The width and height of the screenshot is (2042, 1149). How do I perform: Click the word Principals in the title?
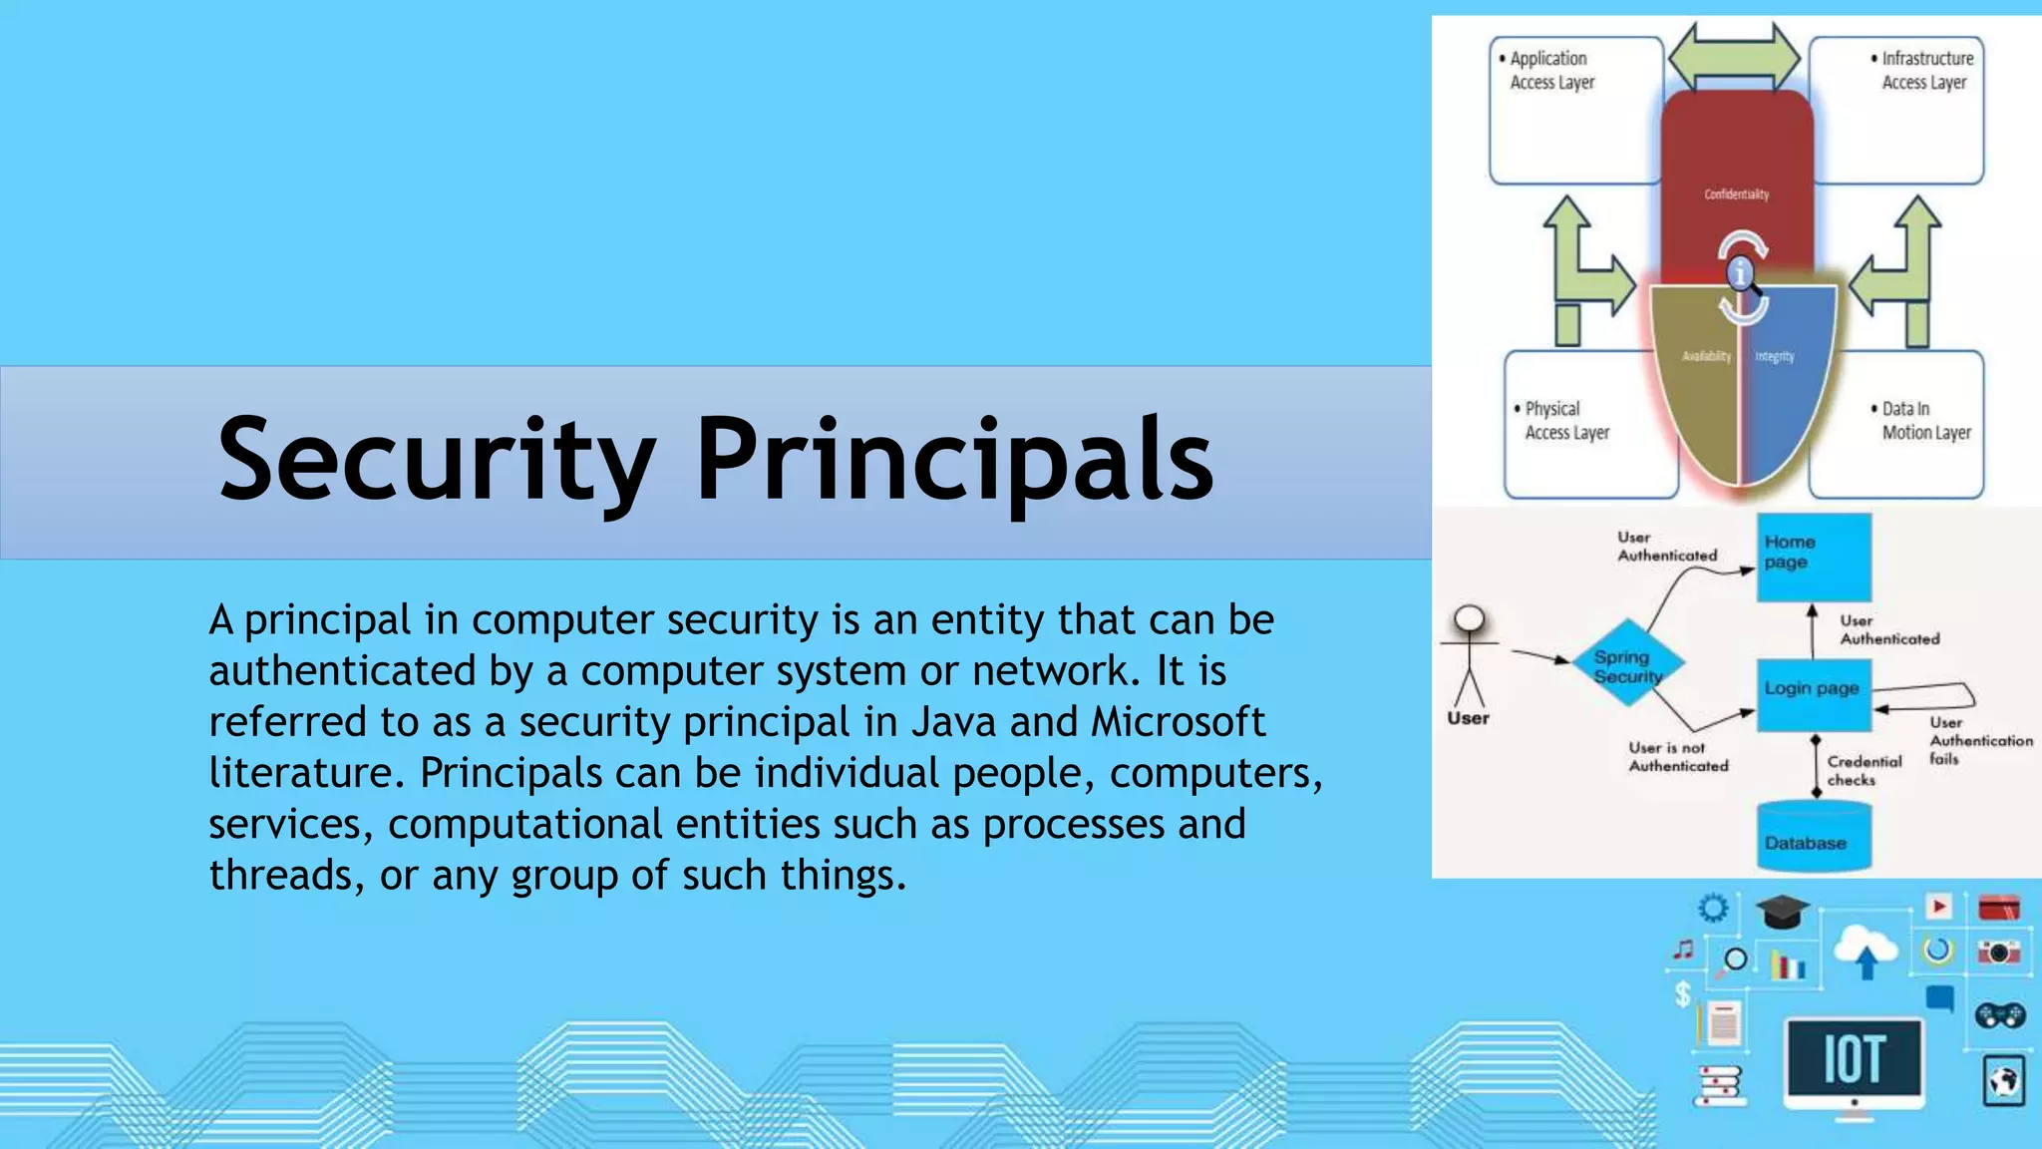pyautogui.click(x=954, y=460)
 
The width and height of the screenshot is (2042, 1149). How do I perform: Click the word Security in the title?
pyautogui.click(x=436, y=460)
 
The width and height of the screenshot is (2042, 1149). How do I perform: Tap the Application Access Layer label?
pyautogui.click(x=1551, y=71)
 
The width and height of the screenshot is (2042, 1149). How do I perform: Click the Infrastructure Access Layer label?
pyautogui.click(x=1925, y=71)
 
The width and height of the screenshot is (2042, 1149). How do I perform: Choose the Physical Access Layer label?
pyautogui.click(x=1565, y=421)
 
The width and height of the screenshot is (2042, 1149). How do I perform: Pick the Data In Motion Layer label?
pyautogui.click(x=1925, y=421)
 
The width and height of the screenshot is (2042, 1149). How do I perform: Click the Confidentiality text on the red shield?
pyautogui.click(x=1736, y=194)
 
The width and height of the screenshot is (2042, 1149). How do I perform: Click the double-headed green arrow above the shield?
pyautogui.click(x=1734, y=58)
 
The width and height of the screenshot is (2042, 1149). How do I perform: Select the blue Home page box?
pyautogui.click(x=1814, y=557)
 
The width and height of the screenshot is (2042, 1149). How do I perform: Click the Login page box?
pyautogui.click(x=1814, y=694)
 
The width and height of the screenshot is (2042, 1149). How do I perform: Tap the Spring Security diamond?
pyautogui.click(x=1628, y=664)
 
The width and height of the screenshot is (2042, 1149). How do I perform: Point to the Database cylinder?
pyautogui.click(x=1814, y=838)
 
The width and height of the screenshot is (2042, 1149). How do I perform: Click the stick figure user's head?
pyautogui.click(x=1469, y=619)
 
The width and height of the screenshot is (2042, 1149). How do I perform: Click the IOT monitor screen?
pyautogui.click(x=1854, y=1058)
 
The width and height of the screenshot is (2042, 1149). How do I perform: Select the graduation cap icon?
pyautogui.click(x=1782, y=911)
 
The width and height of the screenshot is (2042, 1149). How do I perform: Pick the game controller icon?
pyautogui.click(x=2000, y=1015)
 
